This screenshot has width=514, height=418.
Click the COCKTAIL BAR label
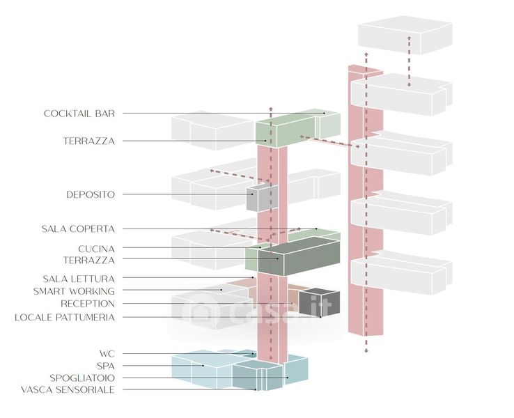pyautogui.click(x=79, y=113)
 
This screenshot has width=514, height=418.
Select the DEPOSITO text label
pyautogui.click(x=91, y=194)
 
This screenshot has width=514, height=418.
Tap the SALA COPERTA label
pyautogui.click(x=77, y=229)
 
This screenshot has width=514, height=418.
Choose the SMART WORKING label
pyautogui.click(x=74, y=291)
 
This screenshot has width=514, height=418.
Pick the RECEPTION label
pyautogui.click(x=88, y=304)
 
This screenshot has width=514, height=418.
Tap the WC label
pyautogui.click(x=106, y=353)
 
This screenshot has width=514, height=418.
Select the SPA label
pyautogui.click(x=106, y=365)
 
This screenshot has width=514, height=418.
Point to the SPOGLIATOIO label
pyautogui.click(x=80, y=378)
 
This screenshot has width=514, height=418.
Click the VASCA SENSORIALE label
pyautogui.click(x=68, y=389)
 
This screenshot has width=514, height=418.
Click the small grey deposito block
pyautogui.click(x=262, y=199)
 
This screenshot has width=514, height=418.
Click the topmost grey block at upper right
pyautogui.click(x=404, y=38)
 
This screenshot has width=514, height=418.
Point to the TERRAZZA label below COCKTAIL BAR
pyautogui.click(x=88, y=141)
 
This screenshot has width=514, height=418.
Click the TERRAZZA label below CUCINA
pyautogui.click(x=88, y=260)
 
